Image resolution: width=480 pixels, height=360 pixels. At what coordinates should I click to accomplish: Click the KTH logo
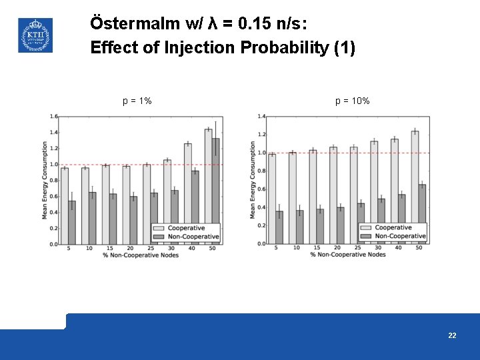point(35,35)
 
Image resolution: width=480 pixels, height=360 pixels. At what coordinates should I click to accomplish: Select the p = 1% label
point(137,101)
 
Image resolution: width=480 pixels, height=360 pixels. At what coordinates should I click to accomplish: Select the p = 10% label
point(353,101)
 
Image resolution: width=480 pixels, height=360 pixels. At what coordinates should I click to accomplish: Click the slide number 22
point(452,335)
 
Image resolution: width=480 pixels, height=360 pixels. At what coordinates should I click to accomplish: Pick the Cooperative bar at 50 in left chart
point(208,186)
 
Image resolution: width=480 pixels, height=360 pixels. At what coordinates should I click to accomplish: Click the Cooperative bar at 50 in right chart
point(415,187)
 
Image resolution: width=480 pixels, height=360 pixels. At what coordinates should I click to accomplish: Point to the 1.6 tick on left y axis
point(53,117)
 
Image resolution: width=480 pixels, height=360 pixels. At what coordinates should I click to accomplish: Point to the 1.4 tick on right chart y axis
point(262,117)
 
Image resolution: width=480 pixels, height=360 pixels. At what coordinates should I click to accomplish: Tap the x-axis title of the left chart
point(141,255)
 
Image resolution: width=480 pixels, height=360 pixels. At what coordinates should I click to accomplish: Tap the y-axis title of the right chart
point(253,180)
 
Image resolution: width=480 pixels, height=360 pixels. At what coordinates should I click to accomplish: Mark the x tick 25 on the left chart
point(150,248)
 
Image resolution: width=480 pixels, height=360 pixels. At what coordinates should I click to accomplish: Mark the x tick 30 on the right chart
point(377,248)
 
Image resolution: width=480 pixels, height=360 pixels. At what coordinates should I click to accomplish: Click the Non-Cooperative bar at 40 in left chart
point(195,207)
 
